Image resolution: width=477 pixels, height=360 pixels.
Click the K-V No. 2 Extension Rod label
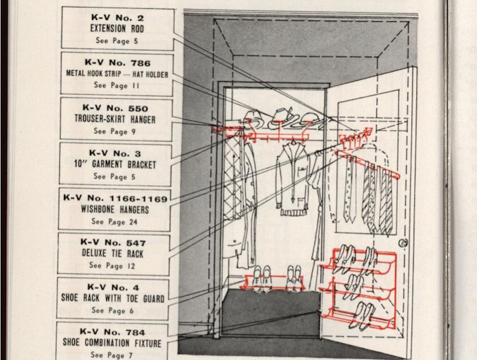pos(117,27)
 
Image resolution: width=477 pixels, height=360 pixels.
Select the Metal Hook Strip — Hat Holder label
pos(117,73)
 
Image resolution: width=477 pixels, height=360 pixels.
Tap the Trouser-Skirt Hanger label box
pos(115,119)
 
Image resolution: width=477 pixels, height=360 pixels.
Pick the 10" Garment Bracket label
pos(114,164)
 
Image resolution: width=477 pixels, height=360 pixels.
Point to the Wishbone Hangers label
pos(114,209)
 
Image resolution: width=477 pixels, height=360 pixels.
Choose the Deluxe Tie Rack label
pos(113,254)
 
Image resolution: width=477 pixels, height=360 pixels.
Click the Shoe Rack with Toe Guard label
pos(112,299)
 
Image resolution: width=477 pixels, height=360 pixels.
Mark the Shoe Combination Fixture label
pos(112,343)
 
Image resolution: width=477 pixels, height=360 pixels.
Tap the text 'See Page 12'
pos(112,266)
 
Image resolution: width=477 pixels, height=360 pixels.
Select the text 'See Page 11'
pos(116,85)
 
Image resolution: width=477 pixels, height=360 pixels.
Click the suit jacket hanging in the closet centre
pos(292,181)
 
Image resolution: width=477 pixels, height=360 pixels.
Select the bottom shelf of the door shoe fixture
pos(358,319)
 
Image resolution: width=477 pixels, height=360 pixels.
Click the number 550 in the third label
pos(134,108)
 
